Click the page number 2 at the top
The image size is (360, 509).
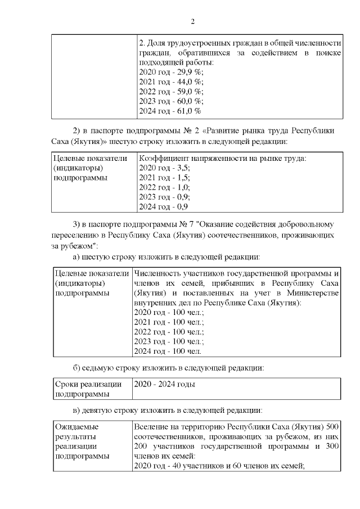pos(192,22)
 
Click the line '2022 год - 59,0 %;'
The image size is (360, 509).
pos(171,91)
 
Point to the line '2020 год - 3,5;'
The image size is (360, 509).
pos(164,168)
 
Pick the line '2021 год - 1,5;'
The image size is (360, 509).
pos(164,178)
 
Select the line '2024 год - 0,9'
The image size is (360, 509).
pos(163,207)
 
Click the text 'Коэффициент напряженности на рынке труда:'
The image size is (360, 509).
pos(222,158)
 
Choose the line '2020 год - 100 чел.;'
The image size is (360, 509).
pos(169,312)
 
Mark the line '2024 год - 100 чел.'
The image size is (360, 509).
pos(168,352)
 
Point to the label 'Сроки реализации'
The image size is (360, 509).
pos(88,384)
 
